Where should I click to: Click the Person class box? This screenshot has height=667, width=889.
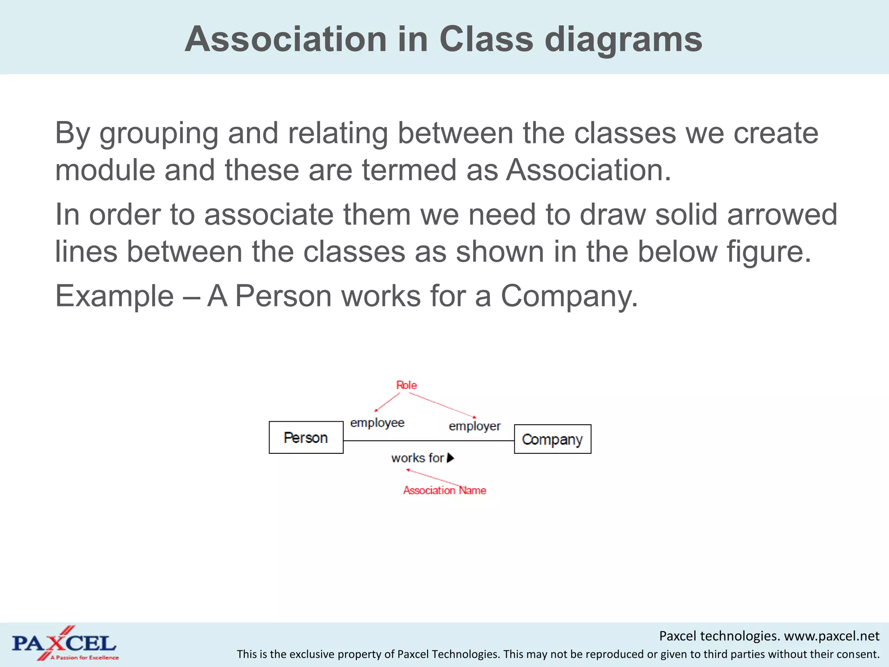[306, 437]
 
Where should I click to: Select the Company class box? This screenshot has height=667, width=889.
[552, 439]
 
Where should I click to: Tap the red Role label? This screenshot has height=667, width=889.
[406, 385]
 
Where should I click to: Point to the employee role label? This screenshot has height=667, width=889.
[377, 423]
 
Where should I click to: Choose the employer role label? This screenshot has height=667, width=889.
[474, 426]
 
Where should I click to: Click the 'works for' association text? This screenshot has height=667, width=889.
[417, 458]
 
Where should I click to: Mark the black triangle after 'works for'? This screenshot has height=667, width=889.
[451, 458]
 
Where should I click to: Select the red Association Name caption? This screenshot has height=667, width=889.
[444, 490]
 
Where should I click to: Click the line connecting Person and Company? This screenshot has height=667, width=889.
[428, 441]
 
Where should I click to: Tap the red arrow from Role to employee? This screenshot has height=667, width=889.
[387, 402]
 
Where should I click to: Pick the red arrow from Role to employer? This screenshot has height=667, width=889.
[443, 405]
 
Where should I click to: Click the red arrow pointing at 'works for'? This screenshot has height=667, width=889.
[434, 477]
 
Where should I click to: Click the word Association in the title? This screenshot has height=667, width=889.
[285, 39]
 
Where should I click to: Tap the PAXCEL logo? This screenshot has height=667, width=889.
[64, 644]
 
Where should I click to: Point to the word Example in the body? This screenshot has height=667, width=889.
[115, 296]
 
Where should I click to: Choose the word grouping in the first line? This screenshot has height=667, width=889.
[158, 134]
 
